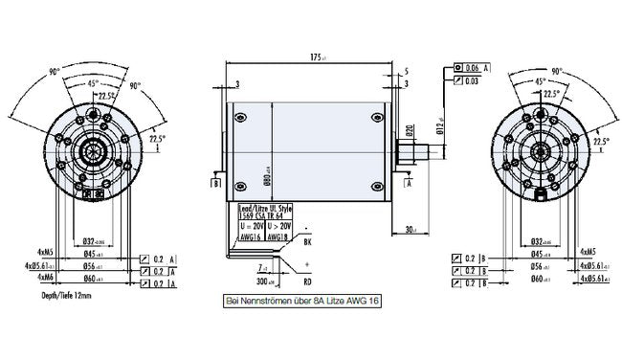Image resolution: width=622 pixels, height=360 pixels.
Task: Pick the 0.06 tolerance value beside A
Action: (471, 69)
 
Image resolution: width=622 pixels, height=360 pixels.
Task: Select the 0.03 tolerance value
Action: (471, 83)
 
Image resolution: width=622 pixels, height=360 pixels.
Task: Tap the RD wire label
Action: (307, 283)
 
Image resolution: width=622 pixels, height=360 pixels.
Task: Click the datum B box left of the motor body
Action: (217, 182)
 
